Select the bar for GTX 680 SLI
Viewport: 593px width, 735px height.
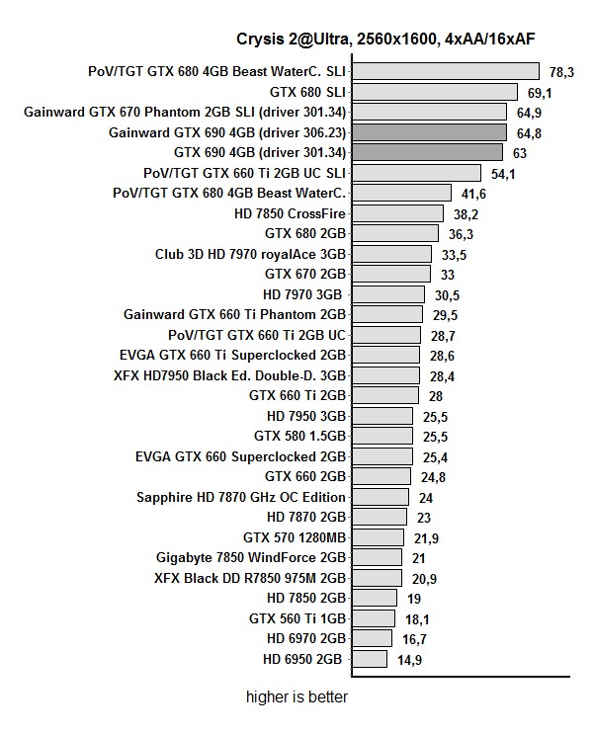click(x=435, y=92)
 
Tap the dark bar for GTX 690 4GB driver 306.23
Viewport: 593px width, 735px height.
click(x=430, y=132)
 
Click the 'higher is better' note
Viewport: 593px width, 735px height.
click(x=297, y=697)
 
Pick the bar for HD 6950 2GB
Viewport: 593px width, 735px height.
click(x=370, y=659)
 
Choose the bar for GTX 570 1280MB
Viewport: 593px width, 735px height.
click(x=378, y=537)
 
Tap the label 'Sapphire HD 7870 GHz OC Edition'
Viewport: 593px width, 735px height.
click(x=241, y=497)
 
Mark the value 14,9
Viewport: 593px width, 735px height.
click(x=410, y=660)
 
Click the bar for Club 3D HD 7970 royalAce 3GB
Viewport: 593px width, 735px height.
click(x=391, y=254)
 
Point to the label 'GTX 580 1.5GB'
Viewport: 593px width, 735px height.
click(x=300, y=436)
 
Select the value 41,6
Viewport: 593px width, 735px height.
click(x=474, y=194)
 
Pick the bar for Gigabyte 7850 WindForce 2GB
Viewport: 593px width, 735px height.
click(x=377, y=558)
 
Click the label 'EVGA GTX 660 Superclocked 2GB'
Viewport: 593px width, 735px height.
click(x=241, y=456)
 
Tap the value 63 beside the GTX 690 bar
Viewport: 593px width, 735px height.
click(x=520, y=153)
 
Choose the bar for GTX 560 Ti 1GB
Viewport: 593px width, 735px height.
click(x=374, y=618)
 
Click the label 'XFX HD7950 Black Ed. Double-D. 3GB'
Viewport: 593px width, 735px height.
click(x=230, y=375)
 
